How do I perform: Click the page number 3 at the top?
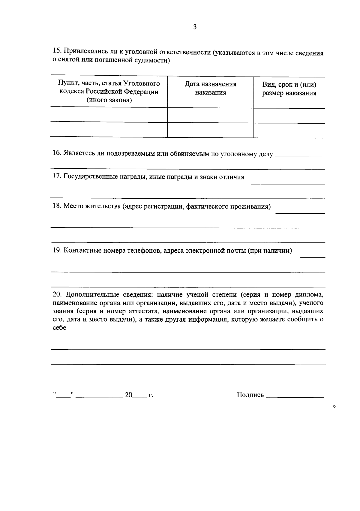click(x=195, y=27)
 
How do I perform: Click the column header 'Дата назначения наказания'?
click(x=210, y=88)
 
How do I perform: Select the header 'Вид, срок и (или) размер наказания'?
click(x=289, y=89)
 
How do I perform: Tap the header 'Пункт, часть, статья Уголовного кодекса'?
click(x=109, y=92)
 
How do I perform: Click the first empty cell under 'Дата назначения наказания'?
click(x=210, y=115)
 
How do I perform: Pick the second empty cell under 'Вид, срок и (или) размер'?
click(x=289, y=130)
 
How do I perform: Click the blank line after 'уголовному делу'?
click(x=298, y=155)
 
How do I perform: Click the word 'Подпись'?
click(x=250, y=395)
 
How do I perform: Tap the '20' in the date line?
click(x=129, y=395)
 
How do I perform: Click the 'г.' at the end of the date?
click(x=151, y=395)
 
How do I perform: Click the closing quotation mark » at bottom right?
click(x=334, y=406)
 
